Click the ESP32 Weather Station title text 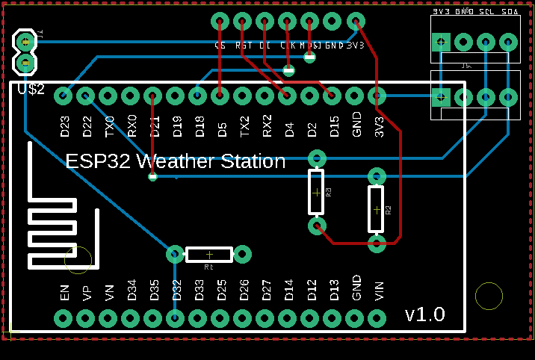pyautogui.click(x=176, y=161)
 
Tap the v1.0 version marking pyautogui.click(x=424, y=314)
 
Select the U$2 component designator pyautogui.click(x=31, y=89)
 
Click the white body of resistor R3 pyautogui.click(x=317, y=192)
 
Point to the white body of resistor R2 pyautogui.click(x=377, y=209)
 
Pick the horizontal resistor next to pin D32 pyautogui.click(x=209, y=255)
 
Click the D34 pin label pyautogui.click(x=132, y=291)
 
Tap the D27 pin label pyautogui.click(x=266, y=291)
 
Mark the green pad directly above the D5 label pyautogui.click(x=220, y=96)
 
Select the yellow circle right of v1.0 pyautogui.click(x=489, y=297)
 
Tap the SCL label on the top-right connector pyautogui.click(x=486, y=12)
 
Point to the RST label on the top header pyautogui.click(x=244, y=46)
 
